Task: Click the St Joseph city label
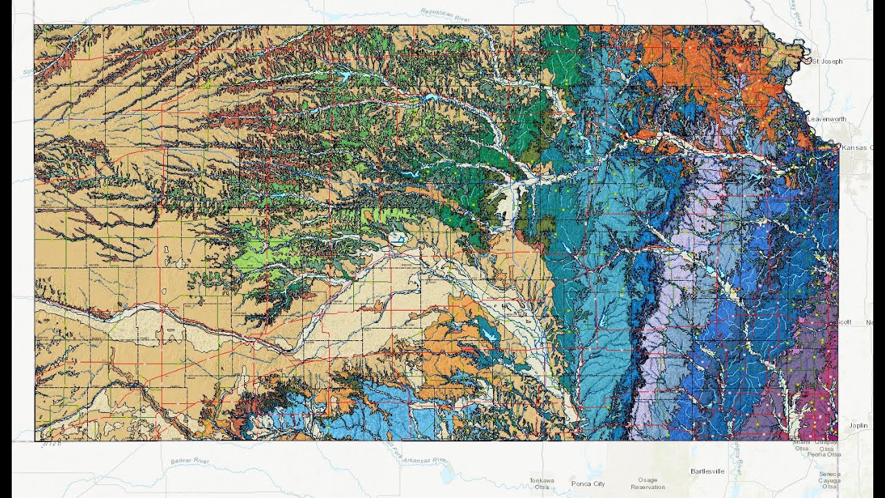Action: pos(827,62)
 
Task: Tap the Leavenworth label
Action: pos(826,119)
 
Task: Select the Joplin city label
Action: pos(858,426)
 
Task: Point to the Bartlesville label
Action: pos(707,471)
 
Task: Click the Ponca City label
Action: pos(588,483)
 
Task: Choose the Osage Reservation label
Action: pos(647,483)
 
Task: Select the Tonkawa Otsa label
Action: pos(541,483)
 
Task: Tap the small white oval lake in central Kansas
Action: pos(398,239)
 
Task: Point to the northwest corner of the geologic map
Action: pos(35,26)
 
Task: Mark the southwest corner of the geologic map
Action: pos(35,441)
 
